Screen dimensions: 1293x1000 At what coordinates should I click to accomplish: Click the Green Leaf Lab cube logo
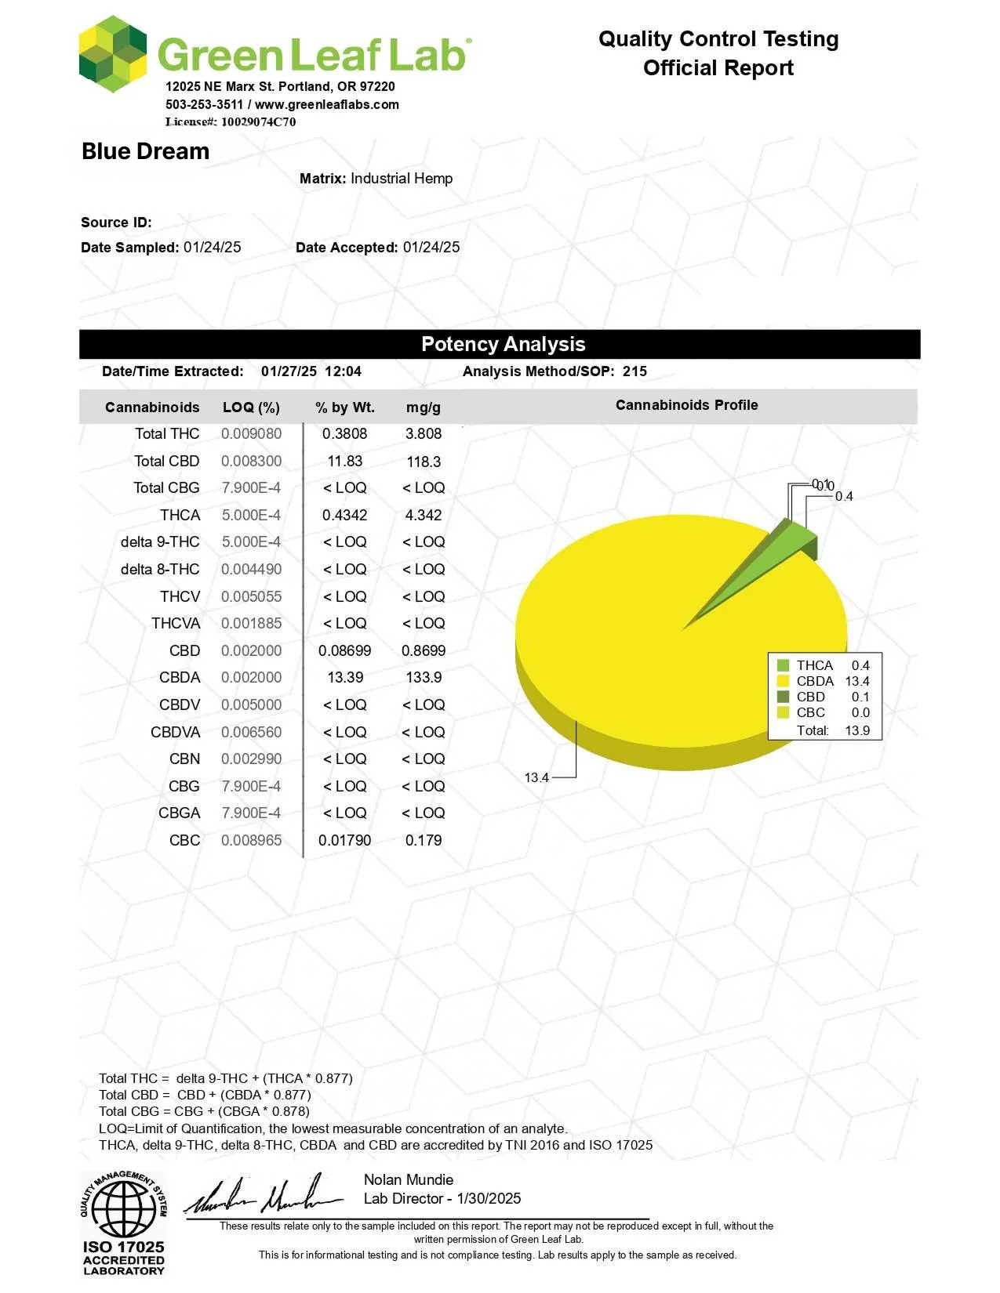point(113,54)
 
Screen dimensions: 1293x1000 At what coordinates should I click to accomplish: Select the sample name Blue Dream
point(146,151)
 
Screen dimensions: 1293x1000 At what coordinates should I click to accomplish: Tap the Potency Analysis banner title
point(503,344)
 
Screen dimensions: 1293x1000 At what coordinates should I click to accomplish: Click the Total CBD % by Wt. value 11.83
point(345,461)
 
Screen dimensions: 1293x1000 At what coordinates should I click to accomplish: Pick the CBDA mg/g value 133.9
point(424,677)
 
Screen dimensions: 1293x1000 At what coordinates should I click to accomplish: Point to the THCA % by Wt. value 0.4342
point(345,515)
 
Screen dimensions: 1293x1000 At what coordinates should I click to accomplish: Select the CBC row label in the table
point(184,840)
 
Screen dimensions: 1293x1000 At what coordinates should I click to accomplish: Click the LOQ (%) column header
point(251,407)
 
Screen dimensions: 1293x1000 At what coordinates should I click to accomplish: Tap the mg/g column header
point(424,407)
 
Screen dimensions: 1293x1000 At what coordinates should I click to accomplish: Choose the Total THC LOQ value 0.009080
point(251,433)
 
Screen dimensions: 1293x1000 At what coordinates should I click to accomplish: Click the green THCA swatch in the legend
point(783,665)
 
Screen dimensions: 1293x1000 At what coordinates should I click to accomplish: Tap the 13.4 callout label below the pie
point(536,777)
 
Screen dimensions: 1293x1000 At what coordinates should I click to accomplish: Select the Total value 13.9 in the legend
point(857,730)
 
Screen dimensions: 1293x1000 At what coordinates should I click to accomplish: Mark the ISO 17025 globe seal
point(123,1208)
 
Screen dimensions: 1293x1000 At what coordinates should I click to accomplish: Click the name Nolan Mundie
point(409,1179)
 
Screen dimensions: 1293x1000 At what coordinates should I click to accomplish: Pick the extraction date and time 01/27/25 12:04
point(311,371)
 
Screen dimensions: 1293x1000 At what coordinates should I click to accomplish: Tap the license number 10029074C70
point(258,121)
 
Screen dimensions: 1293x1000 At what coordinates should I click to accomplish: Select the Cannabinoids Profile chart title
point(686,405)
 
